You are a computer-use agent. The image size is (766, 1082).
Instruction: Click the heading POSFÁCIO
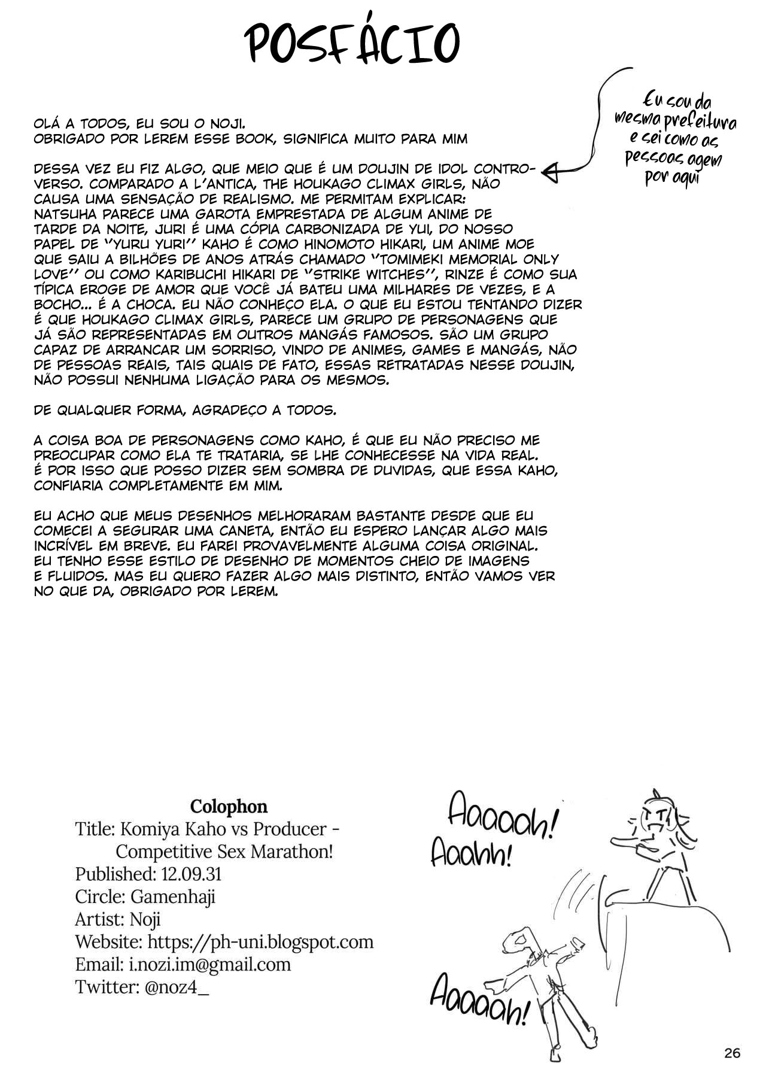click(354, 42)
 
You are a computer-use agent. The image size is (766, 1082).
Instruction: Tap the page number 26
click(731, 1053)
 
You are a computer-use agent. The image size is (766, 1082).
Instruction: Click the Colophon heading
click(228, 807)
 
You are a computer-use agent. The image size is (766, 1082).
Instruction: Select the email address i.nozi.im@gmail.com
click(209, 964)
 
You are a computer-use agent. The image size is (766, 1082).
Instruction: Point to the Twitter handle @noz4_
click(177, 987)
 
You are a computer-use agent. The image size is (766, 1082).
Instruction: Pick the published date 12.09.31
click(191, 874)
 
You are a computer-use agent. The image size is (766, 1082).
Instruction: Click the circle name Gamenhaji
click(173, 896)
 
